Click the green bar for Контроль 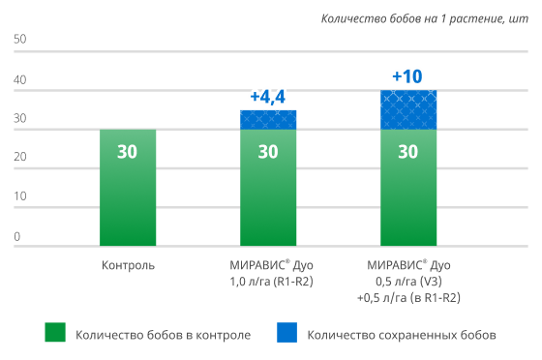tap(128, 188)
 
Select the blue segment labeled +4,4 tap(268, 120)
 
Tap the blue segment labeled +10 tap(407, 109)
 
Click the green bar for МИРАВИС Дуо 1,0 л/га tap(268, 188)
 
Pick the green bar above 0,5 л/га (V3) tap(407, 188)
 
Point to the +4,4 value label tap(267, 97)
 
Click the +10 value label tap(407, 75)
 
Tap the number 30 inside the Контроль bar tap(128, 152)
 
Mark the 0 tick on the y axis tap(17, 236)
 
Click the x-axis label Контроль tap(128, 264)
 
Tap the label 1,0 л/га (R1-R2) tap(268, 281)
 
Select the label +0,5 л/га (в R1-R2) tap(408, 298)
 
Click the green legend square tap(56, 334)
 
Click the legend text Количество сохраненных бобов tap(401, 335)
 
